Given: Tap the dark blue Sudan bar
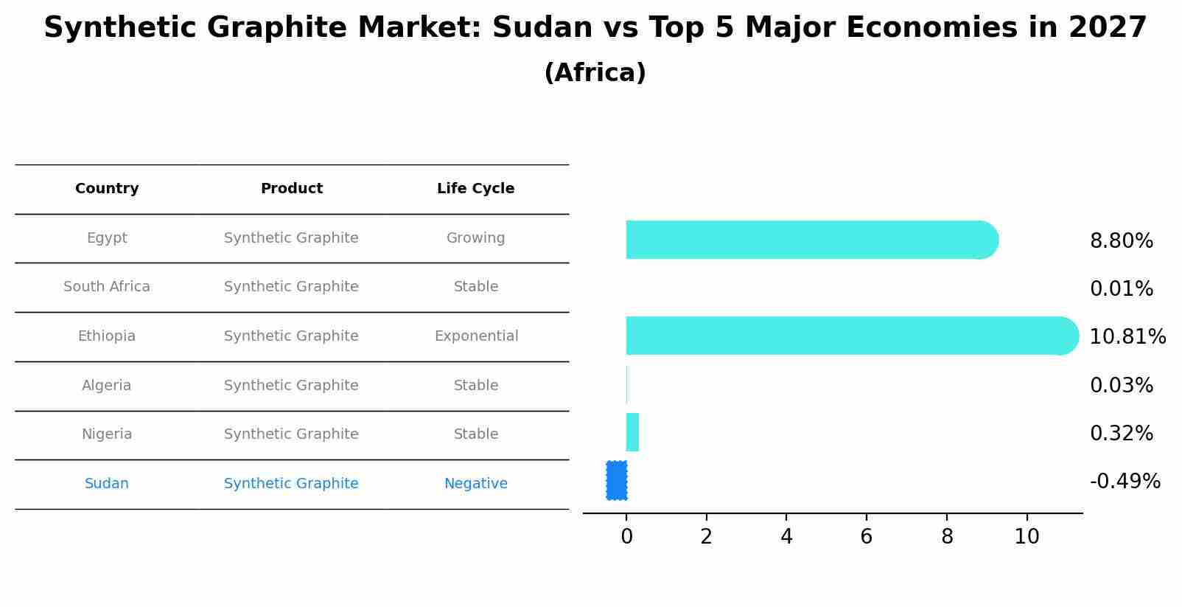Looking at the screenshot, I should [x=617, y=480].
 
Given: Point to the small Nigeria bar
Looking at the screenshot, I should [x=632, y=432].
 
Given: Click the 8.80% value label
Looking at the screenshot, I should [x=1121, y=241].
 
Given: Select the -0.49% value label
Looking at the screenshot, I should [x=1125, y=482].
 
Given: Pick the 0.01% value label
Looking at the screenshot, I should [x=1121, y=289].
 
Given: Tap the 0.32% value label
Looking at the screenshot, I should [x=1121, y=434].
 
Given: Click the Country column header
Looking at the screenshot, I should [x=107, y=189].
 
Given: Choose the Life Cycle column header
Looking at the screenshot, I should [x=475, y=189].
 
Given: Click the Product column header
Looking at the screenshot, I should [x=291, y=189].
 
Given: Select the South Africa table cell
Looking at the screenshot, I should [x=107, y=287].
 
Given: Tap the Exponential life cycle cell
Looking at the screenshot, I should [x=476, y=336].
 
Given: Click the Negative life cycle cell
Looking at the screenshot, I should [x=475, y=484].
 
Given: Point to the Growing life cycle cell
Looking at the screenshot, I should [x=475, y=238].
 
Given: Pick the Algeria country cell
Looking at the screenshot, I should [x=107, y=386].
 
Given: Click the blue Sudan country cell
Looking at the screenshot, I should [x=107, y=484].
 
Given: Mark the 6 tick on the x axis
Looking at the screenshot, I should [x=866, y=537].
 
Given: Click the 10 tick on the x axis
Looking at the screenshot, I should [x=1027, y=537].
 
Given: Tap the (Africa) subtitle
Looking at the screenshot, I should [x=595, y=73].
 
